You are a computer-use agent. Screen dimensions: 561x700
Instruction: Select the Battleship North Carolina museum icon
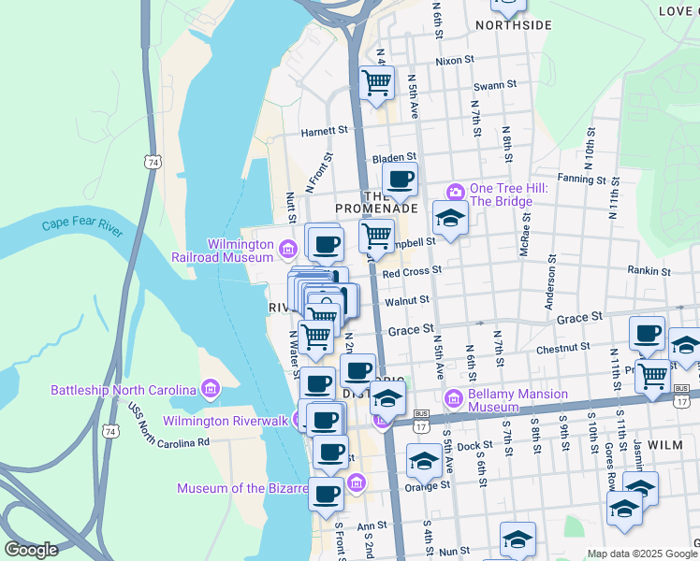(x=210, y=389)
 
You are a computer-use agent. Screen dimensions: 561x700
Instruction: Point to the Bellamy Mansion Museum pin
(x=454, y=398)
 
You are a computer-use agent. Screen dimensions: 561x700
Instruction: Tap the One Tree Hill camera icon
(x=456, y=193)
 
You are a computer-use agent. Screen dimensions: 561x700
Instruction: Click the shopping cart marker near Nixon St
(x=376, y=82)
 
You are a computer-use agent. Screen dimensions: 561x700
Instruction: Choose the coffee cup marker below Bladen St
(x=401, y=180)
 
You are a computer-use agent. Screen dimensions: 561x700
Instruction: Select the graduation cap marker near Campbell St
(x=450, y=219)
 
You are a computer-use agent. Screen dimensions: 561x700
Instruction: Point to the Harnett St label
(x=324, y=132)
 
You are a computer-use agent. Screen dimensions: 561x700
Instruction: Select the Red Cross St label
(x=411, y=270)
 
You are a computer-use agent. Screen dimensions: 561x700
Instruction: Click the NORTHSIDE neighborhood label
(x=515, y=25)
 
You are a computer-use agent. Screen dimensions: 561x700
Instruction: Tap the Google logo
(x=32, y=550)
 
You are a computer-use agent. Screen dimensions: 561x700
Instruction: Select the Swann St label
(x=494, y=85)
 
